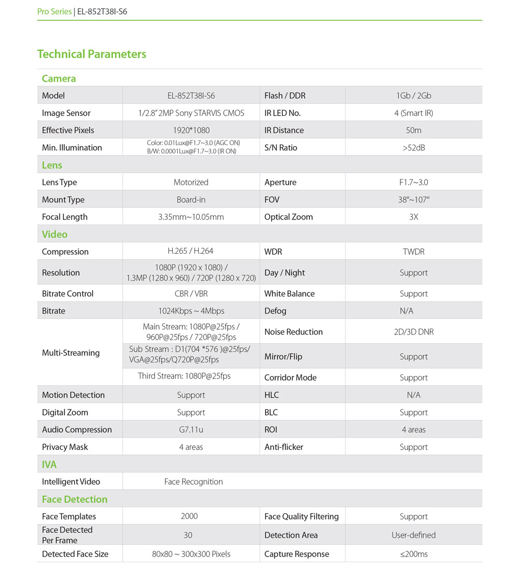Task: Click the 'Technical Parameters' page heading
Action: point(92,54)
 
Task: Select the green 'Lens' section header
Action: point(52,165)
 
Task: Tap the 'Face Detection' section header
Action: point(74,499)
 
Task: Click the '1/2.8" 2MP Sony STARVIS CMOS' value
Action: point(191,113)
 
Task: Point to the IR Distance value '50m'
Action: point(413,130)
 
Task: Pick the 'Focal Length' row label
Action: point(64,217)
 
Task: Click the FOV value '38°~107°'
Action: point(413,200)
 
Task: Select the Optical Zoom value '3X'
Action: point(413,217)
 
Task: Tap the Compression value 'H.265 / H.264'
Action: point(191,251)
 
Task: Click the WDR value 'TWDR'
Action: point(413,252)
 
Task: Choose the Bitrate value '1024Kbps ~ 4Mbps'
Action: point(191,311)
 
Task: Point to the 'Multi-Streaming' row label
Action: point(71,353)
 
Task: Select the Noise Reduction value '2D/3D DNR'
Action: point(413,332)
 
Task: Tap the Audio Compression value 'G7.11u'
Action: point(191,430)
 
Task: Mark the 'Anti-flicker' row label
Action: point(283,447)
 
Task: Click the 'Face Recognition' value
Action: point(193,482)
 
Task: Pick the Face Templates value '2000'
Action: point(189,516)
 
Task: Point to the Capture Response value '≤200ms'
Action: point(413,554)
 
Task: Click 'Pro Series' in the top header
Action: point(54,11)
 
